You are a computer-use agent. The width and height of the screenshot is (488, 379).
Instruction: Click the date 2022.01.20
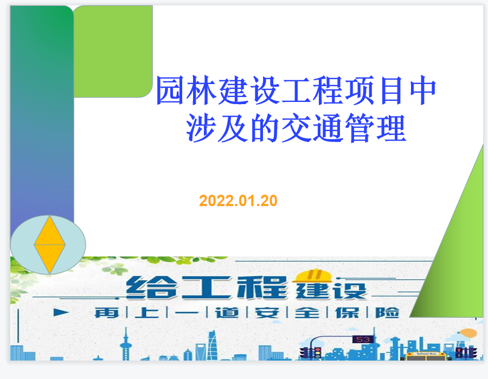[x=238, y=201]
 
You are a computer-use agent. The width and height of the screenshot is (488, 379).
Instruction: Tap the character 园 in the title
[x=170, y=91]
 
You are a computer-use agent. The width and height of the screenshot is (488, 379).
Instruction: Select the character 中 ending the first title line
[x=423, y=90]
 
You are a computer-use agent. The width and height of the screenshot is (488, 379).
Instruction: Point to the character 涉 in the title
[x=201, y=128]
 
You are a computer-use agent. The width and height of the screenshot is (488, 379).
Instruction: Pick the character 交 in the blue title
[x=296, y=128]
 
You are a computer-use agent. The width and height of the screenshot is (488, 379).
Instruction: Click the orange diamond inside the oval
[x=49, y=245]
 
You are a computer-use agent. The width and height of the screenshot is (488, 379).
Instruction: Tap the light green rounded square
[x=113, y=52]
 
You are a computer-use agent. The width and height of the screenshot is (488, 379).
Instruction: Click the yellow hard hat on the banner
[x=312, y=276]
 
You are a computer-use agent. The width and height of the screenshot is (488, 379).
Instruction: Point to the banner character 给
[x=152, y=288]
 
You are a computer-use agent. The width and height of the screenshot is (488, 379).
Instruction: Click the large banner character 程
[x=262, y=287]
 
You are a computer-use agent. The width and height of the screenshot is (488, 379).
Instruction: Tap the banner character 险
[x=387, y=313]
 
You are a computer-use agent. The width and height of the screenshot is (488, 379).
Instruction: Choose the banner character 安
[x=267, y=313]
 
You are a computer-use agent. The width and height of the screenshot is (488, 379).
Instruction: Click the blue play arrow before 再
[x=61, y=312]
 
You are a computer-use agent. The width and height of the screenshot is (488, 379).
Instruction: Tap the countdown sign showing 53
[x=363, y=339]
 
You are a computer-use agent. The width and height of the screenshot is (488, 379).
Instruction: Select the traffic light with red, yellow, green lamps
[x=317, y=353]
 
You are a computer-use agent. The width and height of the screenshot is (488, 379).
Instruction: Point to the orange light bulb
[x=468, y=333]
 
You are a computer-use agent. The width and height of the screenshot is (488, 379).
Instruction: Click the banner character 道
[x=227, y=313]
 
